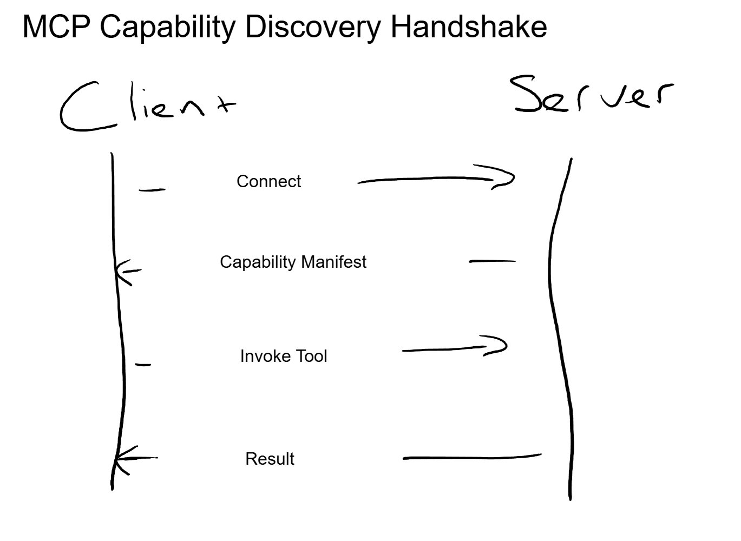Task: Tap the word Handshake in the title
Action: (468, 27)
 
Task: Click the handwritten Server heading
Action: (593, 96)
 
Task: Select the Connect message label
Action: (268, 181)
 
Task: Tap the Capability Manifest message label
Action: (293, 262)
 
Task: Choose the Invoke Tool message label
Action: (284, 356)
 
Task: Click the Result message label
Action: (270, 459)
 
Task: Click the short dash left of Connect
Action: (152, 190)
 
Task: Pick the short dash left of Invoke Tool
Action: (143, 365)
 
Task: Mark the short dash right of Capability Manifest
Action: (492, 261)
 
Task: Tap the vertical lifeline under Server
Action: (558, 325)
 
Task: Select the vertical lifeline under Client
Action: (117, 325)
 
